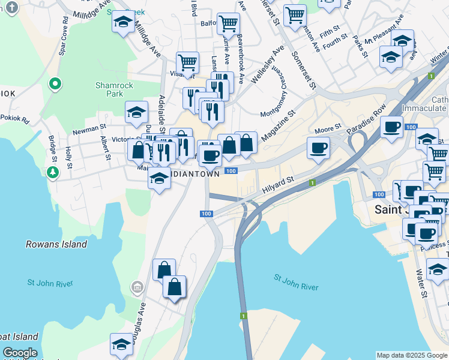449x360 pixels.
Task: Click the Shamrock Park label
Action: tap(109, 89)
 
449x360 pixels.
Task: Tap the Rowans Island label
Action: tap(56, 244)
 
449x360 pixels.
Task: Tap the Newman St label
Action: tap(89, 128)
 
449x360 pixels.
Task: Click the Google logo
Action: tap(20, 353)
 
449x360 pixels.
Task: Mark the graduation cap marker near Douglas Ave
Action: tap(122, 344)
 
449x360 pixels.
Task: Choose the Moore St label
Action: tap(328, 128)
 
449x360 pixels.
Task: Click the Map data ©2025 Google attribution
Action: tap(412, 355)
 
